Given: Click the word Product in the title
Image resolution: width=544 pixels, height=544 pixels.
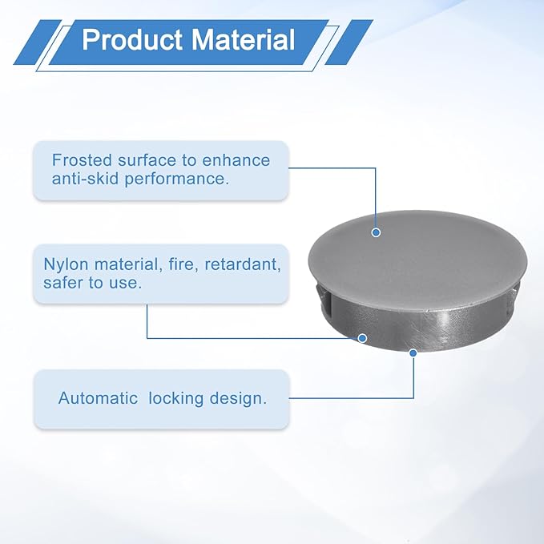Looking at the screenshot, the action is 132,40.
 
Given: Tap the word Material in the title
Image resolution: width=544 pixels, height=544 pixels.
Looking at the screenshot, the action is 244,40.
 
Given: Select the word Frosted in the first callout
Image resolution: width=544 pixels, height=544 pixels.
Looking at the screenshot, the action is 83,160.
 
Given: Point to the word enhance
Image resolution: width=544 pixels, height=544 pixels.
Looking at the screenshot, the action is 236,160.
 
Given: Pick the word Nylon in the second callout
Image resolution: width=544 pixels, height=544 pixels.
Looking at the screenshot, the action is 66,264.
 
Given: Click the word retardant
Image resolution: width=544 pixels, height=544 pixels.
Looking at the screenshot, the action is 243,264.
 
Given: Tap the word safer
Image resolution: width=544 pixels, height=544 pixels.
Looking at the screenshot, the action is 63,283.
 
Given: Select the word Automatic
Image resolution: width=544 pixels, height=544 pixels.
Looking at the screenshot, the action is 99,398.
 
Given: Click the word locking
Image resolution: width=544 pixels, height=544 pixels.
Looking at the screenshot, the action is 176,399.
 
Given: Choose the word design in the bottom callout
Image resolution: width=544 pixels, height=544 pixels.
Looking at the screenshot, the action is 238,399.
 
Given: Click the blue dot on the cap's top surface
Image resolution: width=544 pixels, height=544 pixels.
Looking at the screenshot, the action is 376,232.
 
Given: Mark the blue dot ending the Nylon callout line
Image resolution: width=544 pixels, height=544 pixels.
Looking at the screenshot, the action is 362,338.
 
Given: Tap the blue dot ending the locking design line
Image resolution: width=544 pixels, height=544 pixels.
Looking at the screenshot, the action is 413,353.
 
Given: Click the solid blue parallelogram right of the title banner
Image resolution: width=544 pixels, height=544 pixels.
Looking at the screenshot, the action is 349,42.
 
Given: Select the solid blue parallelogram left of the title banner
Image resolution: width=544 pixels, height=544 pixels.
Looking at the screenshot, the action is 38,42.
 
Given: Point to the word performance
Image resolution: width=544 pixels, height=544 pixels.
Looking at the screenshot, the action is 177,179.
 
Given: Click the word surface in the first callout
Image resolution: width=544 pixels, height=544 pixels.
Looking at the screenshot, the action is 147,160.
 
